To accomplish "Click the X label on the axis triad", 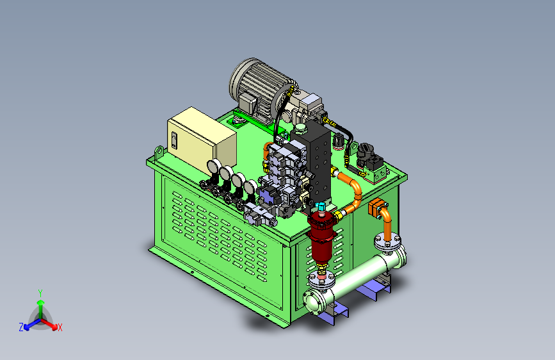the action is [x=60, y=327].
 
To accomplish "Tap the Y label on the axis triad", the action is [x=40, y=293].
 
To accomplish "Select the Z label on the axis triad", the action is [x=21, y=327].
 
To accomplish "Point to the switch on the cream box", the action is [x=173, y=140].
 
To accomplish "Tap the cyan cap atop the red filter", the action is [x=321, y=206].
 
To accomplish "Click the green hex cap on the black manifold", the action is [x=300, y=128].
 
